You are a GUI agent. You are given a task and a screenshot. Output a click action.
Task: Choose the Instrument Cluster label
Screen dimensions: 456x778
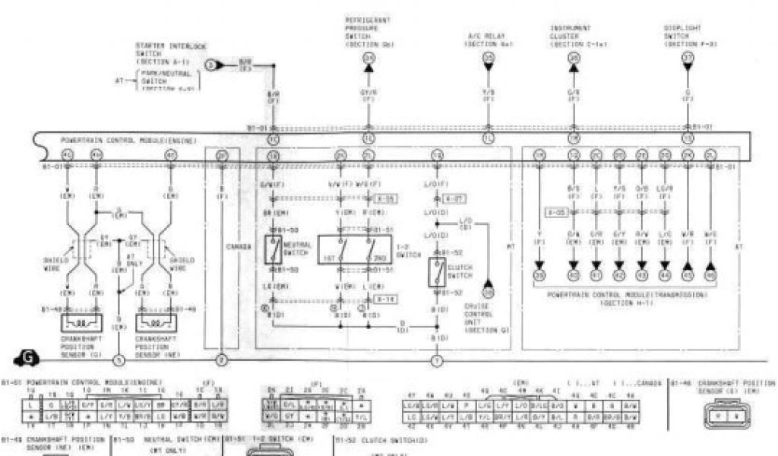[x=571, y=36]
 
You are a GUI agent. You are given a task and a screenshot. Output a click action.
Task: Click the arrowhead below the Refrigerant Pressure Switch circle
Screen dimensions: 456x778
[x=368, y=69]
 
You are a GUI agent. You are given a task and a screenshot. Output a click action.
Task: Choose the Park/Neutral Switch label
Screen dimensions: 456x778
[x=166, y=78]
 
